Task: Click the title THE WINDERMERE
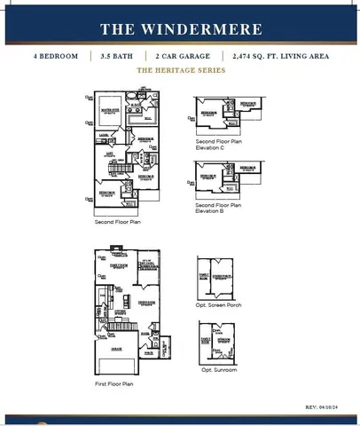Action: point(180,28)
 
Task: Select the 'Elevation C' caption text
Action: point(217,147)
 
